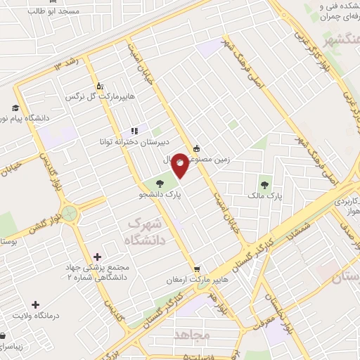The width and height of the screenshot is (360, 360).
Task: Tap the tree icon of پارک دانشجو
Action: [x=160, y=184]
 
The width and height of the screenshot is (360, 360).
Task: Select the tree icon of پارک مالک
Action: [x=264, y=185]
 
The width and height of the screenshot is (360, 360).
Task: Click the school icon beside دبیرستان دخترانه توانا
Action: [x=134, y=131]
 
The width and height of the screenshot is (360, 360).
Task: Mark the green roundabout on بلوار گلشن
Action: [x=70, y=210]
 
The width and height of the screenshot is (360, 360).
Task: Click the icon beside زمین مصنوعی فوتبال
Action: [x=195, y=148]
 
